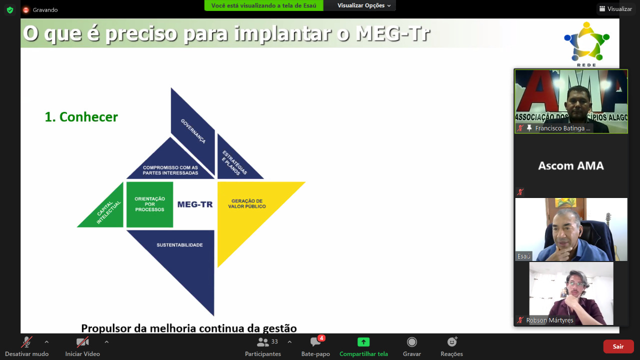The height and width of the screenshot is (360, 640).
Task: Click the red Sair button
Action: [618, 346]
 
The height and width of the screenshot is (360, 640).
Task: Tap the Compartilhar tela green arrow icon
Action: [363, 342]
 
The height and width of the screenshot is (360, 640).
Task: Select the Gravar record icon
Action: [411, 342]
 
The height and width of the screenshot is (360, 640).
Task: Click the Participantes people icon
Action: [262, 342]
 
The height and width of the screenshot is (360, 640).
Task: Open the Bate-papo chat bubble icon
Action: [315, 342]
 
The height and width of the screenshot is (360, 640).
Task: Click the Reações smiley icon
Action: [452, 341]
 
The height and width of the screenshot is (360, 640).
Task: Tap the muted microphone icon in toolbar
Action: [26, 342]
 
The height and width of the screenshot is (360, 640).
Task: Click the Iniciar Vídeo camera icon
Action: [82, 342]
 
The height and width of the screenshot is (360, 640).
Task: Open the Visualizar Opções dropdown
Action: [363, 5]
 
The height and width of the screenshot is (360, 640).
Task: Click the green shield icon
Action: [10, 10]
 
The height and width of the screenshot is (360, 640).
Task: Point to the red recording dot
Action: [25, 10]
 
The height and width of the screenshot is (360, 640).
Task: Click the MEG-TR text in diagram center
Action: [195, 204]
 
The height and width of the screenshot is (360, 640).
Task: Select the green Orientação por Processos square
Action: [149, 204]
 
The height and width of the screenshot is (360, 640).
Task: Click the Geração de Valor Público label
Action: [247, 203]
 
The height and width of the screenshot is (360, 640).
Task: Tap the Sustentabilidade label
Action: [179, 245]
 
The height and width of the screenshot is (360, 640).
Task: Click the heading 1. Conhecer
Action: [81, 117]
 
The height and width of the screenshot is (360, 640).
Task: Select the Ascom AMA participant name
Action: [571, 165]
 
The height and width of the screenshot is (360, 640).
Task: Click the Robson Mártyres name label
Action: [549, 320]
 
